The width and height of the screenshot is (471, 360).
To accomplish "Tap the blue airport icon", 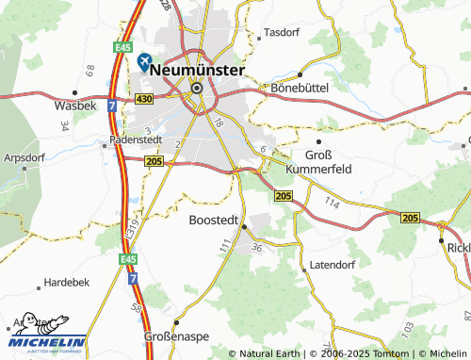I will (x=144, y=62).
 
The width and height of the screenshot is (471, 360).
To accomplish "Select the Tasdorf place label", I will (x=282, y=31).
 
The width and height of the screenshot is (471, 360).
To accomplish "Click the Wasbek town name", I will (x=75, y=106).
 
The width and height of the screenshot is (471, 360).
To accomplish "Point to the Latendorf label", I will (x=333, y=266).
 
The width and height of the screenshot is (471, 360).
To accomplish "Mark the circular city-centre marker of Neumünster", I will (x=197, y=89).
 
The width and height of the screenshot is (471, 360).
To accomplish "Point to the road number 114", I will (x=332, y=204).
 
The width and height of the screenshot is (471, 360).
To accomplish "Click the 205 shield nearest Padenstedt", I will (x=154, y=162).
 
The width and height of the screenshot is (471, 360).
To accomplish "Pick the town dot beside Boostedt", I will (x=243, y=226).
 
